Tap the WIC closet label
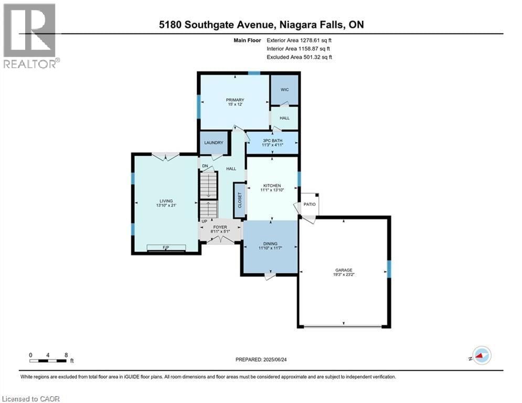tap(284, 90)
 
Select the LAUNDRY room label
tap(213, 143)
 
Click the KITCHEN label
tap(272, 186)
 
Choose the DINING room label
tap(270, 244)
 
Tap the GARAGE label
tap(344, 270)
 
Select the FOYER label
tap(220, 227)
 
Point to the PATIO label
tap(309, 204)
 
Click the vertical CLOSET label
tap(240, 200)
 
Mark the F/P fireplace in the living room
tap(166, 247)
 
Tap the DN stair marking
tap(205, 166)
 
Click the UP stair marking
tap(204, 222)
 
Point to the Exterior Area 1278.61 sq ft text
tap(299, 39)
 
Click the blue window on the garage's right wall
tap(389, 269)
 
